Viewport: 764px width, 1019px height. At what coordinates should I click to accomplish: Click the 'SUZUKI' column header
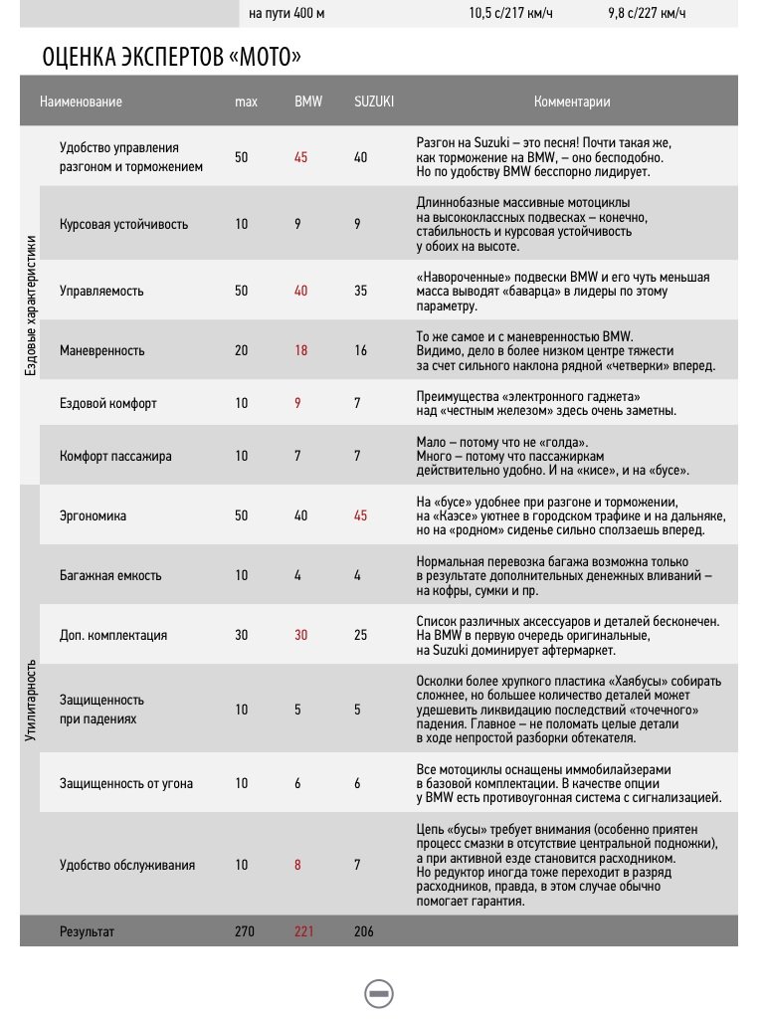click(374, 102)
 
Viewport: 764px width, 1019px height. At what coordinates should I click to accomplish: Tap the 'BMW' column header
click(308, 102)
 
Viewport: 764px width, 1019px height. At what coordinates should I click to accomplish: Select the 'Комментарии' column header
click(572, 102)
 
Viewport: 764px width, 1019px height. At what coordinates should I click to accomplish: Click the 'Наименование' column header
click(82, 102)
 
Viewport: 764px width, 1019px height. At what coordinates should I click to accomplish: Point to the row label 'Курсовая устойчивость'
click(123, 224)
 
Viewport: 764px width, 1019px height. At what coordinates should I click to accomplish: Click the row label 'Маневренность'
click(102, 350)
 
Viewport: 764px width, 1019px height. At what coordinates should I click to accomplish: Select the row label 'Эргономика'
click(94, 515)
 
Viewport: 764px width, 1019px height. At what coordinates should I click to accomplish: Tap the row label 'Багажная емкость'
click(110, 575)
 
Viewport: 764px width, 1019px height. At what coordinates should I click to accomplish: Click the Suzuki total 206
click(363, 931)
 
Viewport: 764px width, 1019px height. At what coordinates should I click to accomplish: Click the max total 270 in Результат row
click(245, 931)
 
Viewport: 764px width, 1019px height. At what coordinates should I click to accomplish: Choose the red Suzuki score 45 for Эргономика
click(360, 515)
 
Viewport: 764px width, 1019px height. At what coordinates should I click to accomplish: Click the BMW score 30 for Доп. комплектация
click(300, 635)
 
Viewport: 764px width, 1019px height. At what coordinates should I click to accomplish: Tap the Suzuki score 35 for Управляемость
click(360, 291)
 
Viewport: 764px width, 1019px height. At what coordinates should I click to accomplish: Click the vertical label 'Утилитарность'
click(31, 700)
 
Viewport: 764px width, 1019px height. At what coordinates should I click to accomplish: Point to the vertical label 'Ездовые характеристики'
click(31, 305)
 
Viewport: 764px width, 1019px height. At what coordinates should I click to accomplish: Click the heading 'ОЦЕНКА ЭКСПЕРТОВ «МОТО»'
click(171, 58)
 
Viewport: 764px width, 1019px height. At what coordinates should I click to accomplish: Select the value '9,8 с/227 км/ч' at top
click(647, 14)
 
